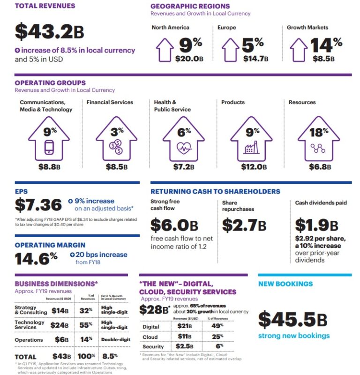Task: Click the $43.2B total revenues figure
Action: [x=50, y=31]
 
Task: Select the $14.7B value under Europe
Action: [x=255, y=59]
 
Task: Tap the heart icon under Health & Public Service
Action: [x=183, y=149]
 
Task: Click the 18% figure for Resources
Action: [x=319, y=133]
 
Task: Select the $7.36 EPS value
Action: [x=38, y=205]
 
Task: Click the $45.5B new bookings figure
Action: [x=292, y=320]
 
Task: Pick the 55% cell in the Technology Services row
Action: [x=85, y=325]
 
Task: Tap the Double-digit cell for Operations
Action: [x=113, y=340]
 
